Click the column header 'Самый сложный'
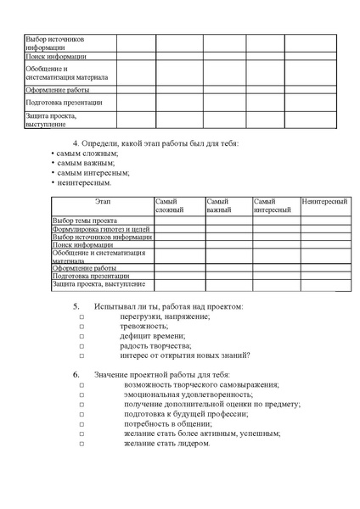[170, 204]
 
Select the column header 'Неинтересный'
[324, 201]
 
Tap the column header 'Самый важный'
[219, 204]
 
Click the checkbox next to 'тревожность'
[82, 326]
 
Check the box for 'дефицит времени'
[82, 336]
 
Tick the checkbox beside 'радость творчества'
[82, 346]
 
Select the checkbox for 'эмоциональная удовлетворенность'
[82, 394]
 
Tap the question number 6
[76, 375]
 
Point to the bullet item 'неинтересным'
[84, 182]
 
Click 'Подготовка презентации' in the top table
[64, 103]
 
